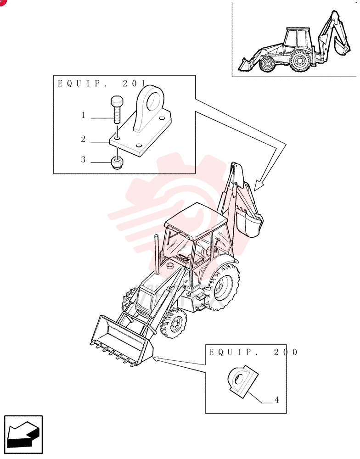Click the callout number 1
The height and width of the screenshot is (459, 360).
click(83, 115)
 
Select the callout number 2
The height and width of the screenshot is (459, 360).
click(84, 139)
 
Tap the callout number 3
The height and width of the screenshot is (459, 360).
click(84, 159)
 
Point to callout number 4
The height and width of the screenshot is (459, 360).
click(276, 400)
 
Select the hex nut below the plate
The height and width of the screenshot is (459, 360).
click(117, 162)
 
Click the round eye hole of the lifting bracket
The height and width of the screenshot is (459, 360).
click(153, 100)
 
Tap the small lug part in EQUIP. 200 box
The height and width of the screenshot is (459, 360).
click(242, 381)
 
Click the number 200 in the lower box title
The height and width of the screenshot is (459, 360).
click(286, 352)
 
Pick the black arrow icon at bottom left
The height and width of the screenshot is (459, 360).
click(23, 434)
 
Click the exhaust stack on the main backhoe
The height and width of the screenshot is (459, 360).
click(157, 254)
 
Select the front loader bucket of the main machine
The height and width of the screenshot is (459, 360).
click(122, 341)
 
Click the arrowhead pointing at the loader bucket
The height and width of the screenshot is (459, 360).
click(156, 358)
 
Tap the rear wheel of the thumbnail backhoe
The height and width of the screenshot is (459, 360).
click(300, 61)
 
